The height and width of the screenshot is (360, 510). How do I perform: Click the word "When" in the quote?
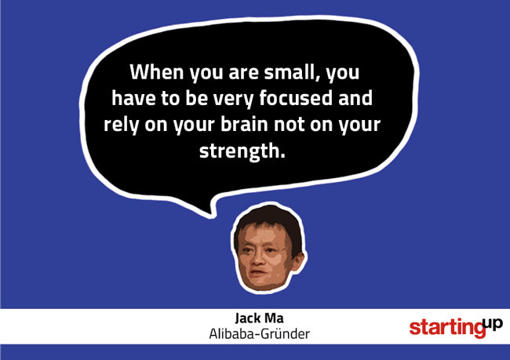click(157, 72)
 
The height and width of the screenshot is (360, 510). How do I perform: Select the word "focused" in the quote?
click(296, 98)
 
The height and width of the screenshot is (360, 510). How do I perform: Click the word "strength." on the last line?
click(242, 151)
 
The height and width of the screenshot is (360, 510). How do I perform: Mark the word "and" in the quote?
click(355, 98)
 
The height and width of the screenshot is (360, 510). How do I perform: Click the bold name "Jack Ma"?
click(259, 318)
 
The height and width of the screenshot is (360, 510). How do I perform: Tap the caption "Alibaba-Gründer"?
click(259, 334)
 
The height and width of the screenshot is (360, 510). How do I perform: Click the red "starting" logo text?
click(447, 328)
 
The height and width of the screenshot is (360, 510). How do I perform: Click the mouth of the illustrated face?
click(258, 272)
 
